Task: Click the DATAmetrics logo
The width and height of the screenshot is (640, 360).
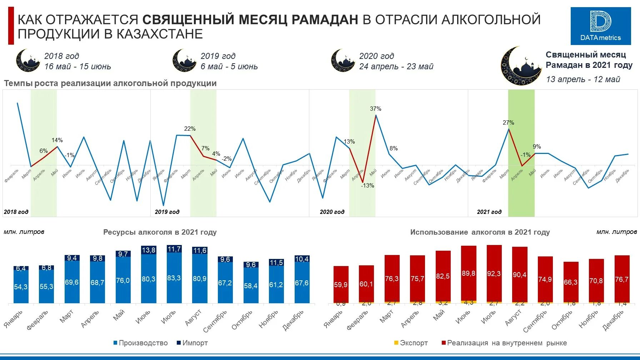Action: (x=600, y=26)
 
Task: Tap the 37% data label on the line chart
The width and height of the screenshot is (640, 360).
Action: (x=375, y=109)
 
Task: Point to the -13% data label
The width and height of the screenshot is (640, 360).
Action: (x=367, y=185)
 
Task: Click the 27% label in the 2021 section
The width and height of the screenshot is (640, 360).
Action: (x=508, y=122)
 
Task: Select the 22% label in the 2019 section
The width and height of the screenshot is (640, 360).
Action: (x=190, y=129)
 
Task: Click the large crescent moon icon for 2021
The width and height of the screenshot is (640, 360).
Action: (x=520, y=66)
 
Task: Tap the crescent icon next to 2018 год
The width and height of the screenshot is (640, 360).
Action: (x=27, y=61)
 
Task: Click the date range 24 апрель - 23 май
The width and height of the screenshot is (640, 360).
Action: (x=396, y=66)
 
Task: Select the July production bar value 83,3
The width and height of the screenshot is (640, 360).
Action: (x=174, y=278)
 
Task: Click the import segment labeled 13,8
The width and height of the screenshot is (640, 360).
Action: (x=149, y=250)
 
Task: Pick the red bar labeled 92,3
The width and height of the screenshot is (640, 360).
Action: (x=494, y=274)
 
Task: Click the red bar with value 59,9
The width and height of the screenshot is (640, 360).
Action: (x=341, y=285)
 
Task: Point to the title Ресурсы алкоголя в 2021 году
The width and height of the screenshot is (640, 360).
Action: (x=160, y=232)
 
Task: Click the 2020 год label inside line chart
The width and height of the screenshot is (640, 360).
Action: (x=332, y=212)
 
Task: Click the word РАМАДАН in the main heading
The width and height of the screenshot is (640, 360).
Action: (x=325, y=19)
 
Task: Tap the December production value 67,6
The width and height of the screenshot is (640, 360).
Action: (x=302, y=283)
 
